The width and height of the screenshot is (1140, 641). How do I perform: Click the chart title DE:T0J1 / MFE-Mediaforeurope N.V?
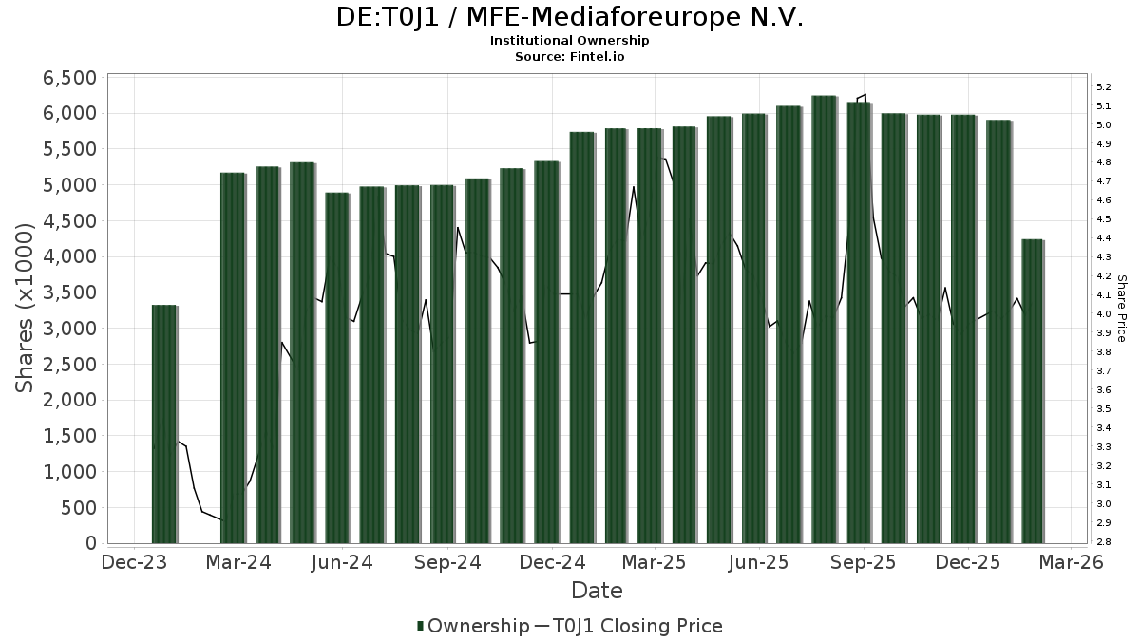coord(569,18)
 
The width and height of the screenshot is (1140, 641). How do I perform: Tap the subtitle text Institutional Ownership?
coord(569,41)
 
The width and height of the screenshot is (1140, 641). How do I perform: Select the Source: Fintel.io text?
coord(569,57)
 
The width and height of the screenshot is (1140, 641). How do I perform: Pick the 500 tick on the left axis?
coord(78,508)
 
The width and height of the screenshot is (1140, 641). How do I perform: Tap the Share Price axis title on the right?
coord(1121,309)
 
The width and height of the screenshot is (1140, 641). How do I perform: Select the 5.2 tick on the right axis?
coord(1104,87)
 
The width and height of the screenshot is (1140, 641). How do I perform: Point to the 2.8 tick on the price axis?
coord(1104,542)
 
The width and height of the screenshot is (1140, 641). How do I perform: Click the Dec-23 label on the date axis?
coord(135,563)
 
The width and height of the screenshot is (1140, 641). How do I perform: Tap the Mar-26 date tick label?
coord(1071,563)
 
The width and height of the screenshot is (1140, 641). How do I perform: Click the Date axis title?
coord(597,591)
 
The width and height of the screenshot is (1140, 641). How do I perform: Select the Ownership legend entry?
coord(473,626)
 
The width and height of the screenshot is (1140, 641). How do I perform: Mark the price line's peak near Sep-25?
coord(864,95)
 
